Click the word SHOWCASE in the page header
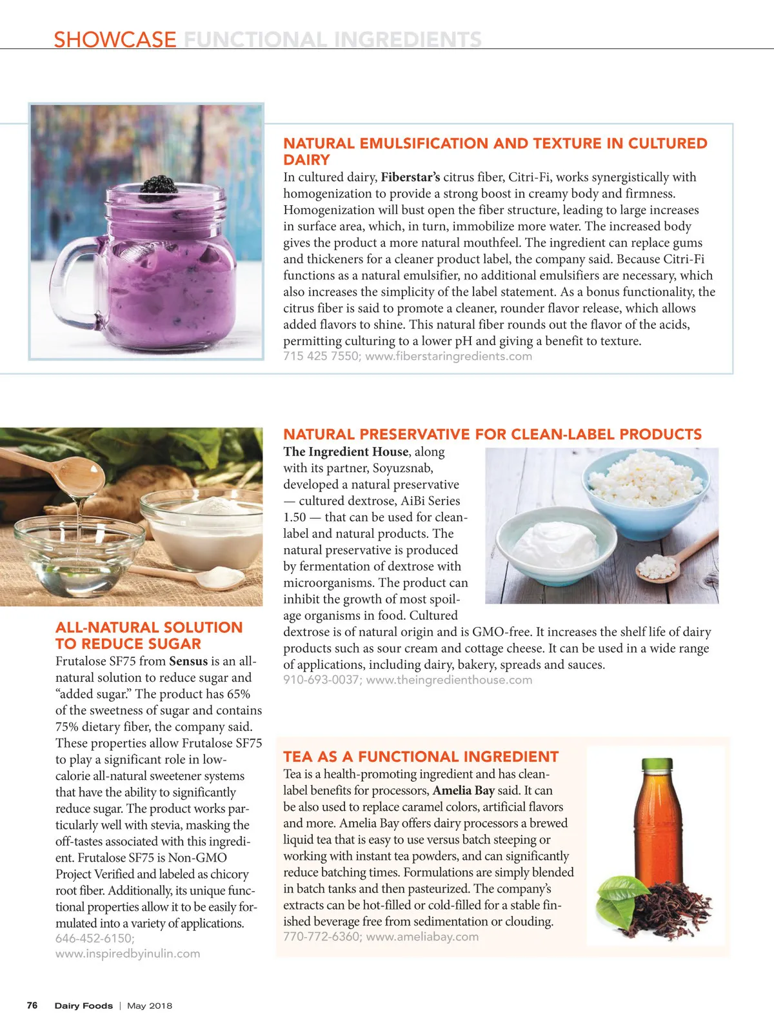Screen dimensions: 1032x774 click(115, 39)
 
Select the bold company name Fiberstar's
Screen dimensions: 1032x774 click(410, 177)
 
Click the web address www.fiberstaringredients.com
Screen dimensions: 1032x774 click(449, 356)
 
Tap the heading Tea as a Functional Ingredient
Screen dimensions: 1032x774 click(421, 757)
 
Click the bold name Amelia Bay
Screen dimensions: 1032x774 click(463, 791)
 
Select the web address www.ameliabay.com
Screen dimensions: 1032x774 click(422, 937)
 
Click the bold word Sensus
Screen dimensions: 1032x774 click(188, 661)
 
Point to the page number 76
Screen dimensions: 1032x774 click(32, 1006)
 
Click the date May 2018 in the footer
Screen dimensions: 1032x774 click(150, 1006)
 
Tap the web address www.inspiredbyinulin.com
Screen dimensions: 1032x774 click(128, 953)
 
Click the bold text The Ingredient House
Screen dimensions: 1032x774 click(346, 452)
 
